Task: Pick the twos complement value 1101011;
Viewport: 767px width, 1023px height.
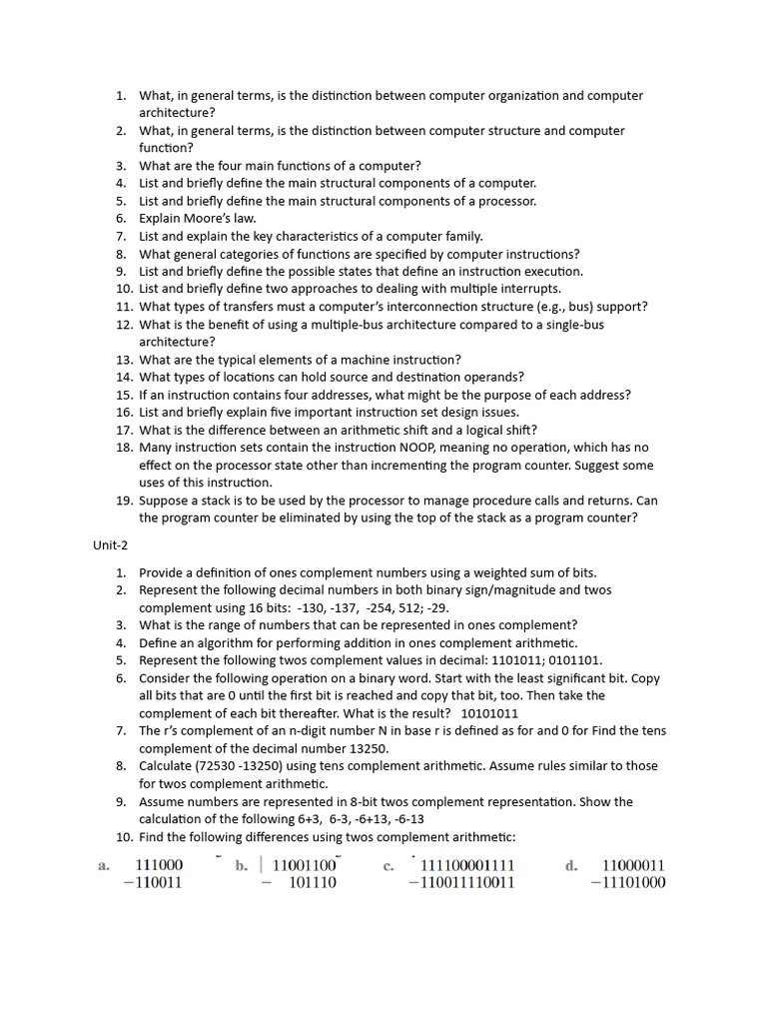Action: pos(518,660)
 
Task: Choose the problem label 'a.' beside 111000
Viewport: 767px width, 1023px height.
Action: pos(104,866)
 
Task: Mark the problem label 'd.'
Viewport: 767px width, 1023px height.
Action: pos(571,866)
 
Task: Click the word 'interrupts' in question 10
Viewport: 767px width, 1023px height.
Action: pos(530,289)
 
